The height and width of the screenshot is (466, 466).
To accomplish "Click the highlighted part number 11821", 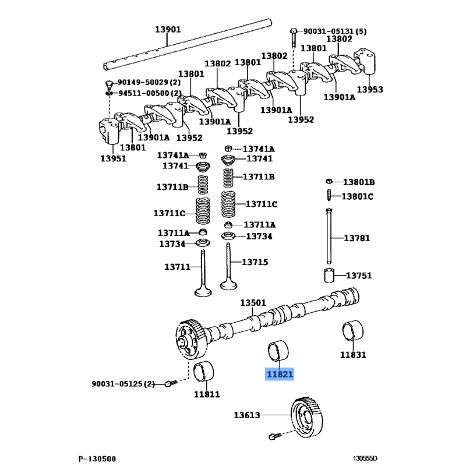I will tap(280, 374).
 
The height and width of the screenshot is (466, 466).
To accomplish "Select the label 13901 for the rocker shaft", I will tap(168, 30).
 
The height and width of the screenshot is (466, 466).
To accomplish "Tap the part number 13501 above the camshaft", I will tap(253, 303).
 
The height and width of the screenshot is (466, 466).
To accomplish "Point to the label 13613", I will tap(247, 415).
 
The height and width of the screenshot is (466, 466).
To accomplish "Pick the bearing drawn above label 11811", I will tap(203, 372).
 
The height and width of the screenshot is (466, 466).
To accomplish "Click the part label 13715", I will tap(255, 262).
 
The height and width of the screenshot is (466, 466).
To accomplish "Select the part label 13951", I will tap(113, 158).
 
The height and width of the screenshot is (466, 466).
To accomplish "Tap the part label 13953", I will tap(370, 89).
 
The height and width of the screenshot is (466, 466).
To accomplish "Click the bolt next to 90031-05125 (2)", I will tap(169, 383).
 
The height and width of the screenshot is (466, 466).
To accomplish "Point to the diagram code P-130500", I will tap(98, 458).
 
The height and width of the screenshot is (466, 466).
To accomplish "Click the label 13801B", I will tap(358, 182).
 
